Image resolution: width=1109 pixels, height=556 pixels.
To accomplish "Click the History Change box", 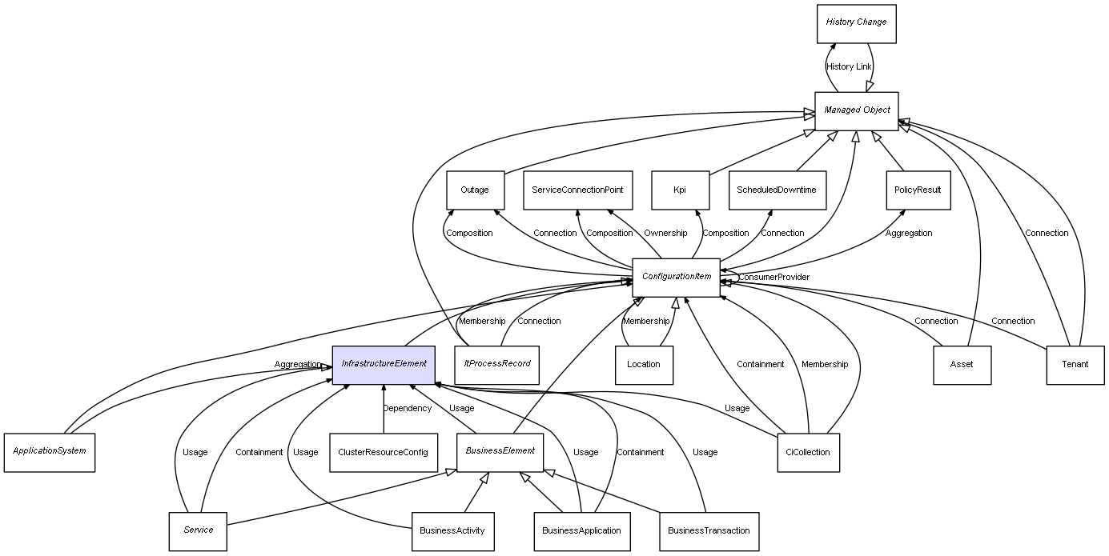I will (856, 23).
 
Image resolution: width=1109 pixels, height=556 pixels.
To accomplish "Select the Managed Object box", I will (856, 110).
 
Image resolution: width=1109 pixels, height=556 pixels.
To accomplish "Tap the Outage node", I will (475, 190).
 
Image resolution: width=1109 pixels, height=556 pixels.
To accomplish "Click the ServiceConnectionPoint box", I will (577, 190).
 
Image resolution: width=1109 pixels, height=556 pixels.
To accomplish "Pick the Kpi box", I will (680, 190).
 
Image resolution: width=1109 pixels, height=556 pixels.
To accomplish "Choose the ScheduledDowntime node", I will (777, 190).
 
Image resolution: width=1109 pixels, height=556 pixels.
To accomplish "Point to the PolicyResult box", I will (918, 190).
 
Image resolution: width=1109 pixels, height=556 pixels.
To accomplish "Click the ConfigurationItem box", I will (676, 278).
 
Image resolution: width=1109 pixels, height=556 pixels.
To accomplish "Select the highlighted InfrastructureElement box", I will (384, 365).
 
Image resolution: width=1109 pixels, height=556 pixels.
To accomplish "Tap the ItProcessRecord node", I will (496, 365).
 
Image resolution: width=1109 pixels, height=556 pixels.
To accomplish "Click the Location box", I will (644, 365).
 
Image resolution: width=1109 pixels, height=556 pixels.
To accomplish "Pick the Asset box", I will (962, 365).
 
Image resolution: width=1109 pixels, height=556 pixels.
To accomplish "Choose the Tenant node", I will (1075, 365).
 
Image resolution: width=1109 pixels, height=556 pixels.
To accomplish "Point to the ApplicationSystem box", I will (49, 452).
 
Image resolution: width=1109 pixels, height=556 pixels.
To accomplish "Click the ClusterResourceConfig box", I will (383, 452).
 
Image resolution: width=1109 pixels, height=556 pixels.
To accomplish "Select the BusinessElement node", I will (500, 452).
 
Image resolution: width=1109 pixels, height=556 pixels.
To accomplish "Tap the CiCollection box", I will (808, 452).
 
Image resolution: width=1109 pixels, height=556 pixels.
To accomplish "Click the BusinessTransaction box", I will (709, 531).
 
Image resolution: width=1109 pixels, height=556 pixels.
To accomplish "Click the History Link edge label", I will (849, 67).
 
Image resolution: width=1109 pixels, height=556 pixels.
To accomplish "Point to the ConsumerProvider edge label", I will (773, 278).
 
